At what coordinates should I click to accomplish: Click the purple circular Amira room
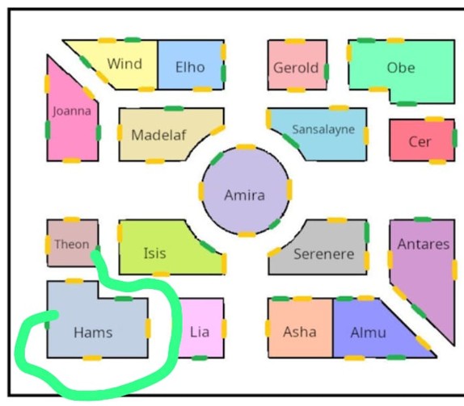coord(245,190)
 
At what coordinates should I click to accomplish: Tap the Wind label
coord(124,64)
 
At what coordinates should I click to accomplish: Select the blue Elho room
coord(191,65)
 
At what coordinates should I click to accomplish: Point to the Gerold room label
coord(296,68)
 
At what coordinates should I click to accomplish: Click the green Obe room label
coord(401,68)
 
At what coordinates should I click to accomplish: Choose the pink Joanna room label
coord(72,111)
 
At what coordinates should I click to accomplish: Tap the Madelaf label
coord(158,135)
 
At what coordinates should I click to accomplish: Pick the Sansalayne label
coord(323,130)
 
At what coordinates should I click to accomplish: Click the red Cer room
coord(422,140)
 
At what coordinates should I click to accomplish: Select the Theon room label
coord(72,245)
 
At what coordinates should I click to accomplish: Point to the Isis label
coord(154,253)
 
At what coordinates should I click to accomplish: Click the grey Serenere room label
coord(323,254)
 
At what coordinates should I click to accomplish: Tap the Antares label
coord(424,244)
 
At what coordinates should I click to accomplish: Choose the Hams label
coord(93,333)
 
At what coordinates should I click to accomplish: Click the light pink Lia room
coord(201,328)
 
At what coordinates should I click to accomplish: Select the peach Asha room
coord(301,328)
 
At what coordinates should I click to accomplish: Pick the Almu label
coord(369,333)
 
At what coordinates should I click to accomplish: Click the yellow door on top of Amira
coord(246,147)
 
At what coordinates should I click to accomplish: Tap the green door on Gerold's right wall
coord(327,72)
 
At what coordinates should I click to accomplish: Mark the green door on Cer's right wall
coord(455,138)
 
